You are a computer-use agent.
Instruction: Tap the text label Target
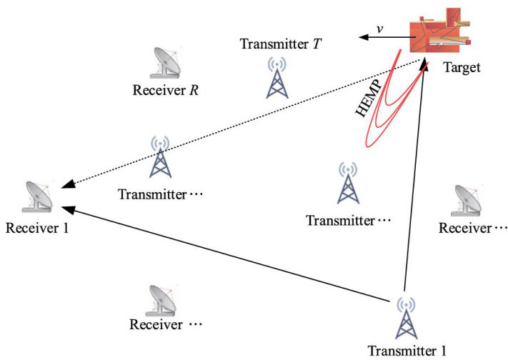coord(462,68)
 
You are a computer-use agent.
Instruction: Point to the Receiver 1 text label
coord(37,228)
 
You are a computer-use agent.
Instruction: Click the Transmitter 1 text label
coord(407,351)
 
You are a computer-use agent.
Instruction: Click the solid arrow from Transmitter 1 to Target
coord(415,179)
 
